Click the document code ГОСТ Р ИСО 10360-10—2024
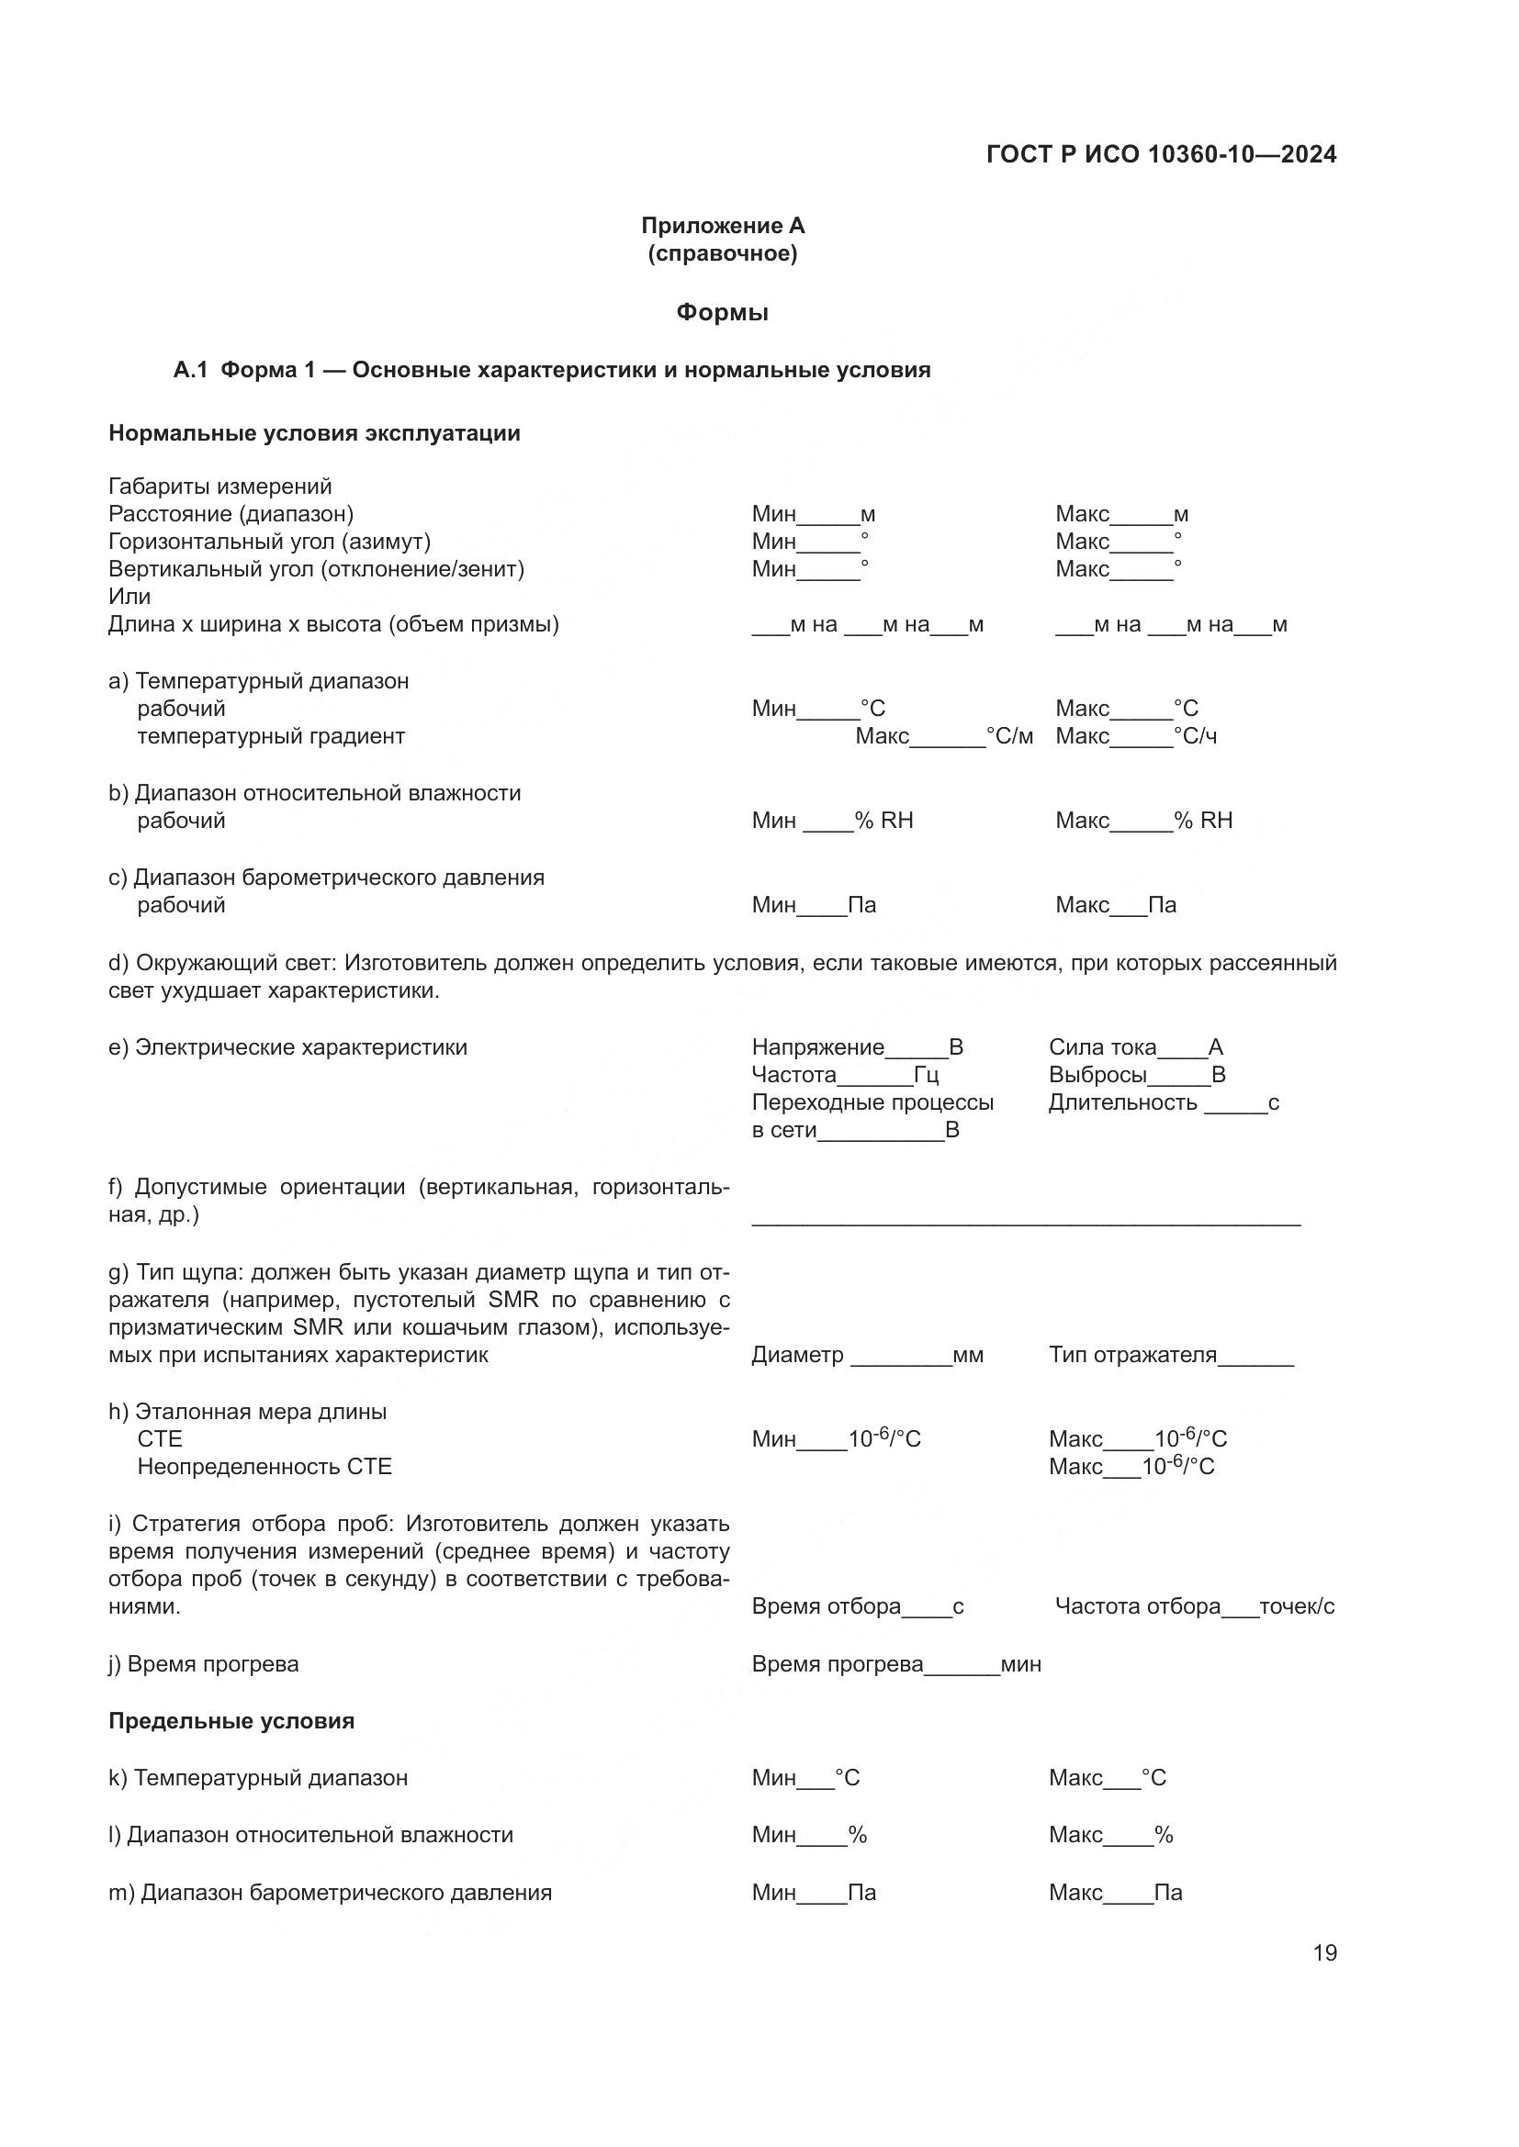click(x=1161, y=154)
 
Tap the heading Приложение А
click(x=722, y=226)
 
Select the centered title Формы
click(x=722, y=312)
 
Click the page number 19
click(x=1324, y=1952)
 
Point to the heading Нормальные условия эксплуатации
click(x=314, y=433)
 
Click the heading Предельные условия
click(x=231, y=1720)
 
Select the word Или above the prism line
click(x=129, y=597)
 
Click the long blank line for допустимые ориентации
click(x=1025, y=1219)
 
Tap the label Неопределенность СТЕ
click(x=264, y=1466)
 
